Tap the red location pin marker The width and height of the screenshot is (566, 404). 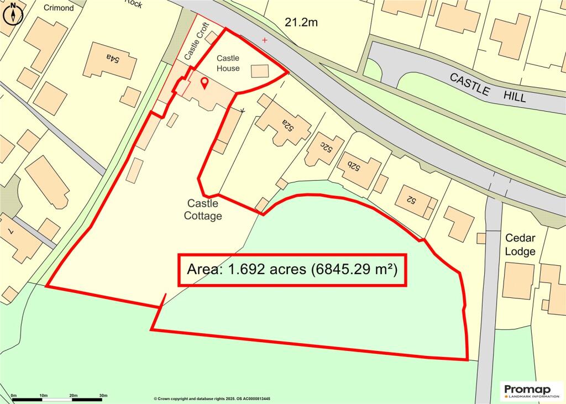[x=204, y=83]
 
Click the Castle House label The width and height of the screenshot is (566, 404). [x=228, y=63]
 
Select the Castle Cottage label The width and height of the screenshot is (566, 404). [x=203, y=210]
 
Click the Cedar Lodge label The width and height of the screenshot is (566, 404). [x=520, y=245]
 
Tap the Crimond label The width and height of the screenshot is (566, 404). [x=58, y=8]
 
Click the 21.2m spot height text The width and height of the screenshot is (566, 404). [x=302, y=23]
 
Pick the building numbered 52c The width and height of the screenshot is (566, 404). [x=323, y=148]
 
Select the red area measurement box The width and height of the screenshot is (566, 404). [x=292, y=270]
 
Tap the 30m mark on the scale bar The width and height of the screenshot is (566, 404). [x=103, y=396]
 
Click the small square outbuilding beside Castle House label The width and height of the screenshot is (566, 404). [x=260, y=71]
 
